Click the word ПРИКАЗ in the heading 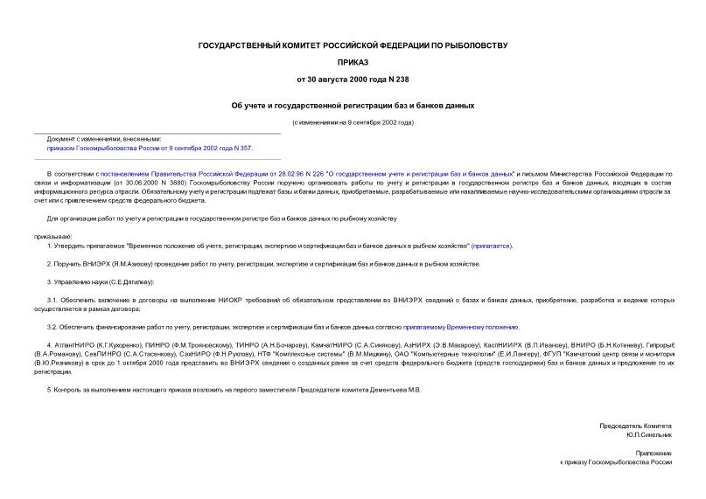353,62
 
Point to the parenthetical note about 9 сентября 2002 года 353,122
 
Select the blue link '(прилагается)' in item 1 492,246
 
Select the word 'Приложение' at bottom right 654,453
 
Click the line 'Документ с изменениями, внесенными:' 104,139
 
